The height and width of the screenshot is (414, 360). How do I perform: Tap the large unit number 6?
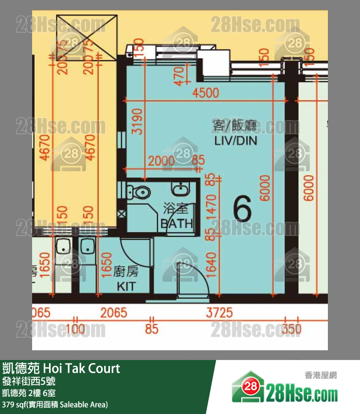coord(242,209)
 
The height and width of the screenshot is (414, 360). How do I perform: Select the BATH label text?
coord(177,224)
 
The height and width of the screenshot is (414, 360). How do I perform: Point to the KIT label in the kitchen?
coord(126,287)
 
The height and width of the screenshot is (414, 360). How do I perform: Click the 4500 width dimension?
coord(206,93)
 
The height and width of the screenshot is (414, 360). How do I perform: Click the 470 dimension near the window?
coord(180,76)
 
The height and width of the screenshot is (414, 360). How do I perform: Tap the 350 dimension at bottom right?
coord(291,329)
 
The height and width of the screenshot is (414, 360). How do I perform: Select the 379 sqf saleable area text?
coord(55,404)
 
